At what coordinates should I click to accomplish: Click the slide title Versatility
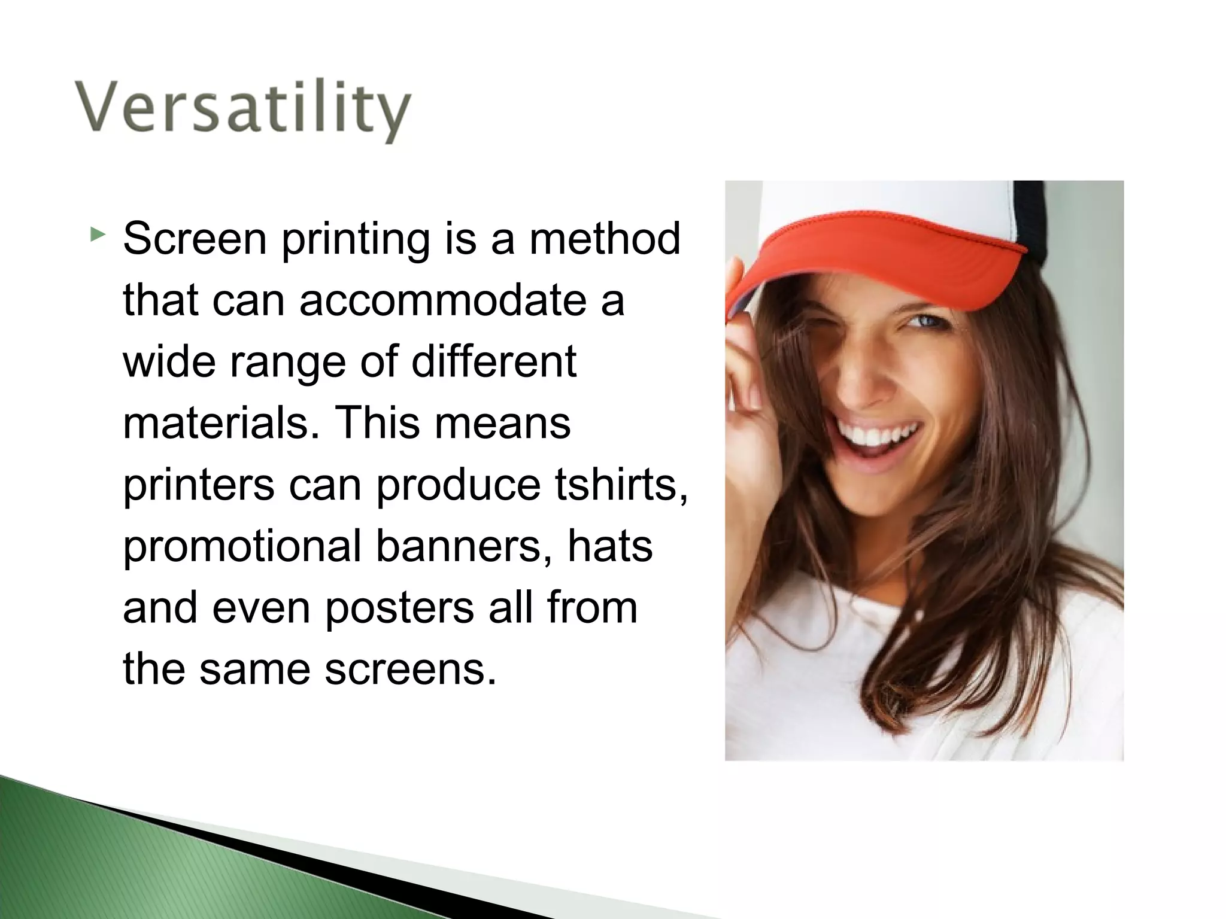coord(242,110)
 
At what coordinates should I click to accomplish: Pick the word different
coord(494,361)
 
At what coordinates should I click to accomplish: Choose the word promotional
coord(242,546)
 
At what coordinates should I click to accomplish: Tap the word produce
coord(458,486)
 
